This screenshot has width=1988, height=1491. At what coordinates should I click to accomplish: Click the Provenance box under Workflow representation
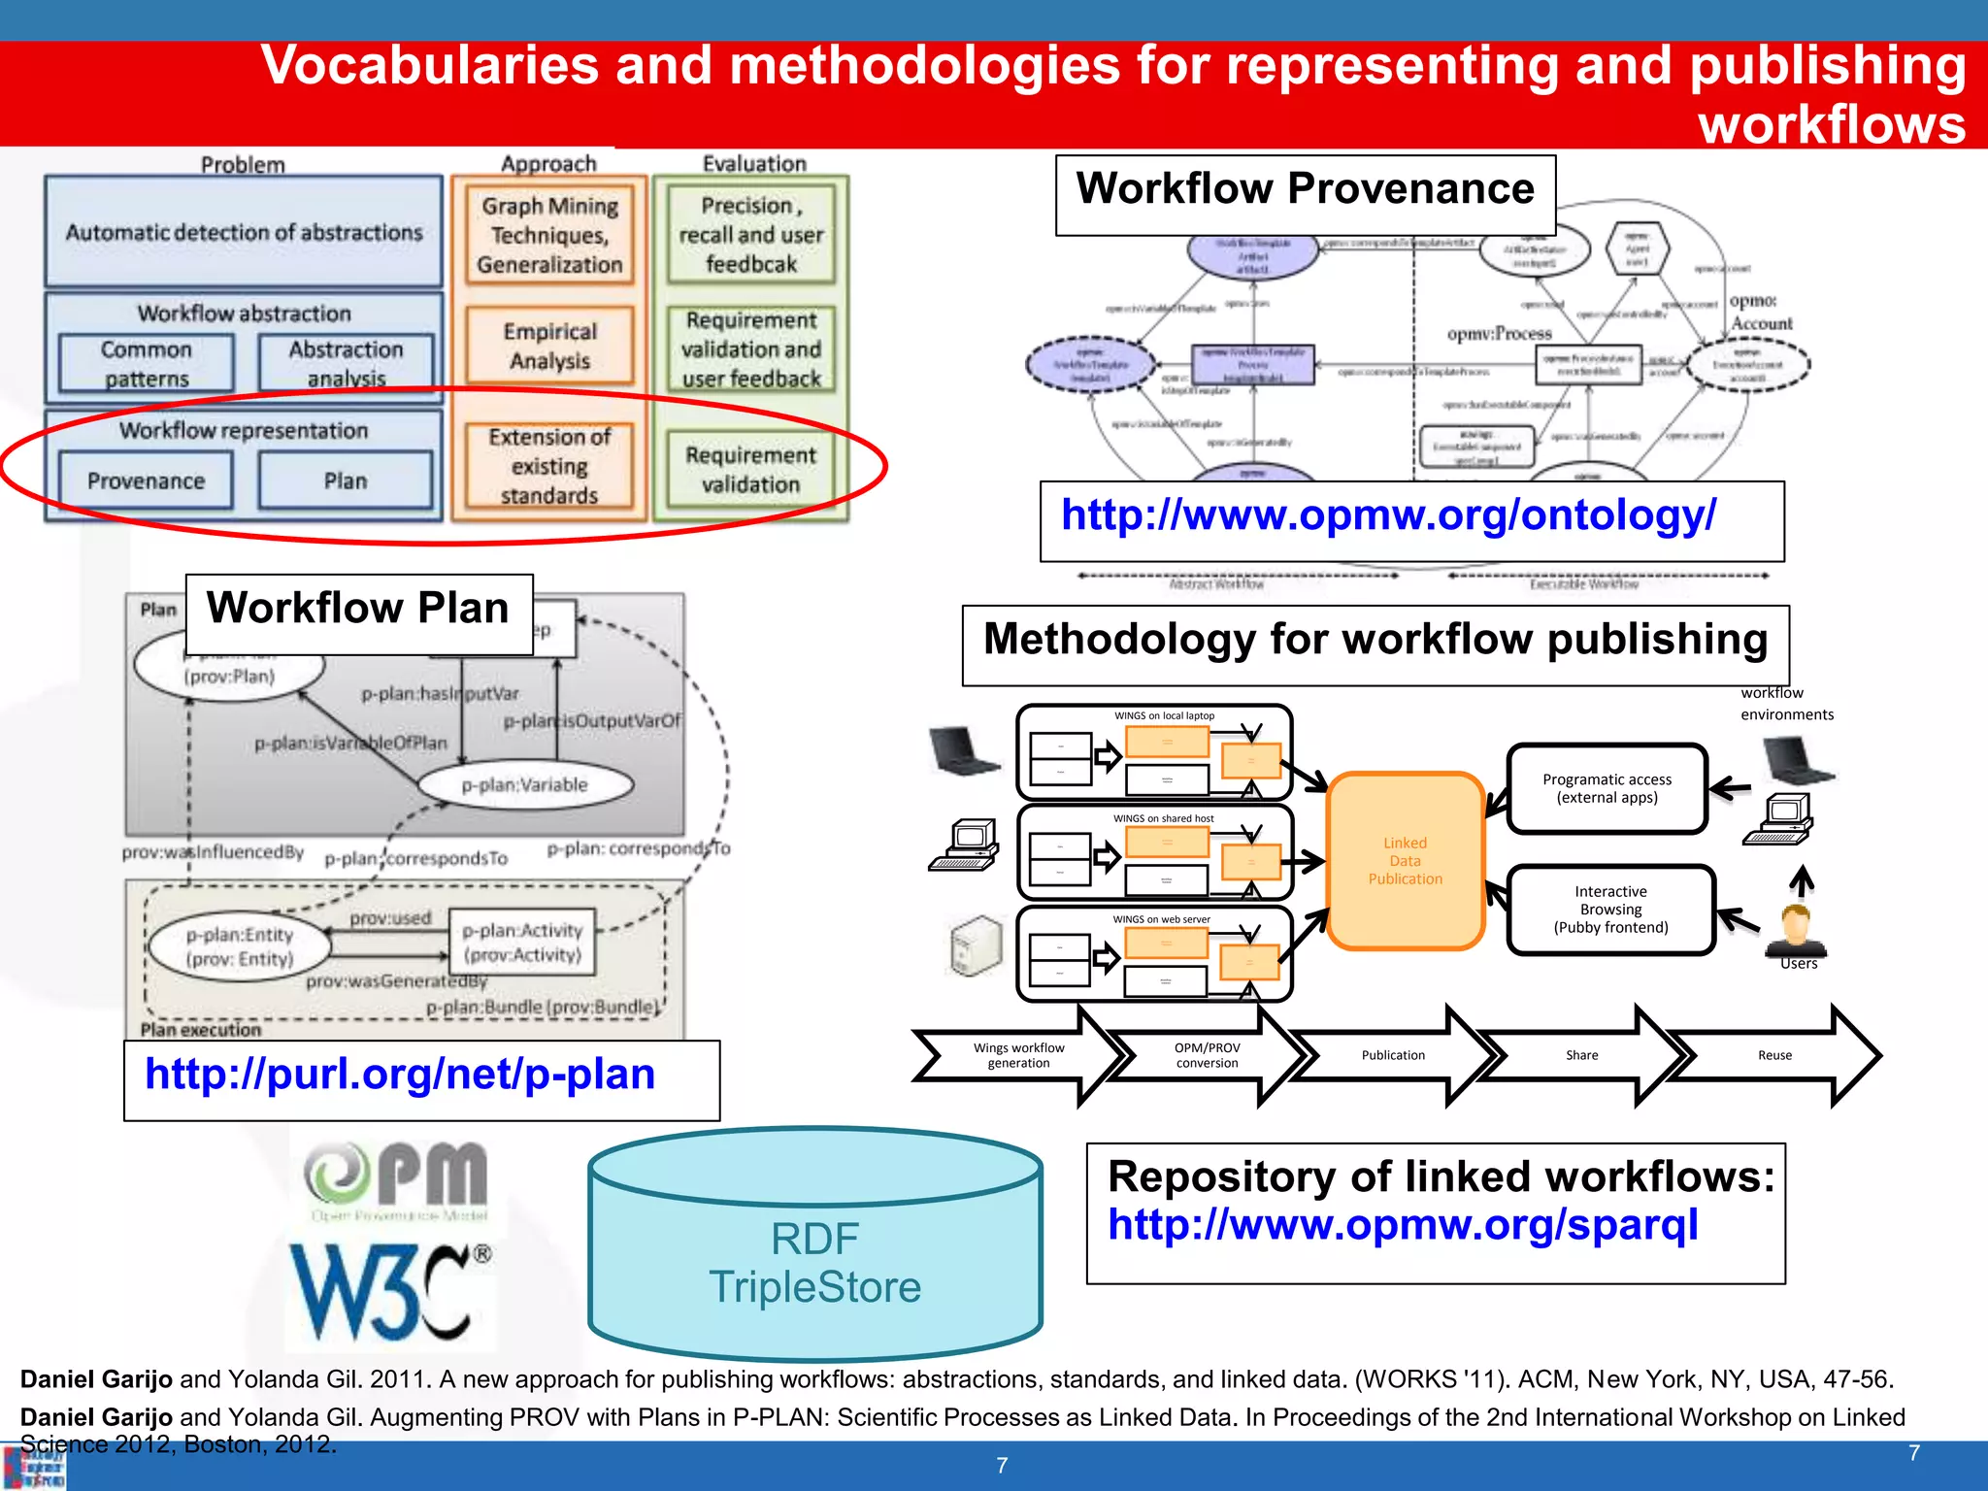pos(146,480)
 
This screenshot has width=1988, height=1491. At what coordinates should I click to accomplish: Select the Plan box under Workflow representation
pos(346,480)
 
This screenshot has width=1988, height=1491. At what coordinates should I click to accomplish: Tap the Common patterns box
pos(147,363)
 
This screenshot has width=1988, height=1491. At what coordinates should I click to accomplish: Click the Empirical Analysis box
pos(549,346)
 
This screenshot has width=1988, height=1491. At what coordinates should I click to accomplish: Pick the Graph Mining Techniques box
pos(549,235)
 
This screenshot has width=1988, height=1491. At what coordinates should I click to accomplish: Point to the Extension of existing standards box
pos(549,467)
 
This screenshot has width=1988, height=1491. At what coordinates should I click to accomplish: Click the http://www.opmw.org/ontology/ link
pos(1388,515)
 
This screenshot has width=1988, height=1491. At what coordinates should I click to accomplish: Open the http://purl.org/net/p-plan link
pos(400,1075)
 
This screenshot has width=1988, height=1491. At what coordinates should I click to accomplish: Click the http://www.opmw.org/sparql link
pos(1403,1225)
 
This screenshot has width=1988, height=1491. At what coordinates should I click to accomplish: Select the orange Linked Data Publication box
pos(1405,861)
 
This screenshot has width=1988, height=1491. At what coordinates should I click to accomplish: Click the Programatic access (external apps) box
pos(1607,788)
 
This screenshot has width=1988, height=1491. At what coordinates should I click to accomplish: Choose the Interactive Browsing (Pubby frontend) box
pos(1610,910)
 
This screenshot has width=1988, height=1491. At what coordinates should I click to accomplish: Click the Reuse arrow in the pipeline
pos(1774,1055)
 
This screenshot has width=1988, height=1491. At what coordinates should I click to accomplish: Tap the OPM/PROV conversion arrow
pos(1207,1055)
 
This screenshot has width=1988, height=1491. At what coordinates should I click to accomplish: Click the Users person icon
pos(1796,932)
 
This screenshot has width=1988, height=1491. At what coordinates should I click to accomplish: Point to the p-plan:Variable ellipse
pos(525,784)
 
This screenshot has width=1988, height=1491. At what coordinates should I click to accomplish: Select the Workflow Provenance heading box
pos(1305,190)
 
